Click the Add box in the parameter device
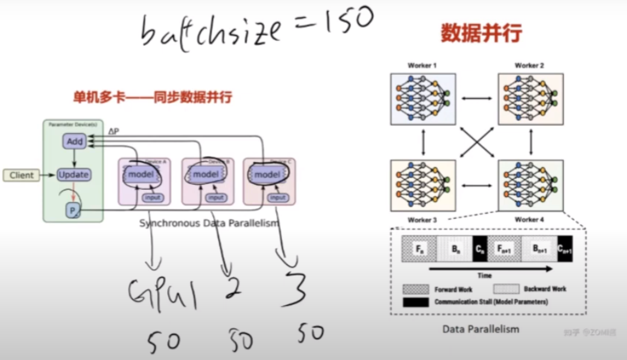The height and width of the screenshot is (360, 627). coord(74,141)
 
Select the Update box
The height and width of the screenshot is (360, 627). coord(74,174)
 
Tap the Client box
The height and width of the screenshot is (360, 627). coord(22,175)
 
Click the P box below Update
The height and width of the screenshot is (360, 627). coord(72,211)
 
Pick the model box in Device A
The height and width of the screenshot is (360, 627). coord(141,174)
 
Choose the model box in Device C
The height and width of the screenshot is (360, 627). coord(267,174)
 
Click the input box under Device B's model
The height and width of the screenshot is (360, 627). coord(216,198)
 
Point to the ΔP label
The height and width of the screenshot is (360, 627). coord(114,131)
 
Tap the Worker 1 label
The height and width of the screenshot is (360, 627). coord(422,65)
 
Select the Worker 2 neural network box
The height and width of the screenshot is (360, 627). coord(531,99)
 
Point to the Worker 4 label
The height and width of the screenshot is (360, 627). coord(529,219)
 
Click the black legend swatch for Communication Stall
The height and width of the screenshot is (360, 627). coord(415,302)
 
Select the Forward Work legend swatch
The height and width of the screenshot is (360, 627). coord(415,289)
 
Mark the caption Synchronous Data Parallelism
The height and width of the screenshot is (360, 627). coord(209,223)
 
